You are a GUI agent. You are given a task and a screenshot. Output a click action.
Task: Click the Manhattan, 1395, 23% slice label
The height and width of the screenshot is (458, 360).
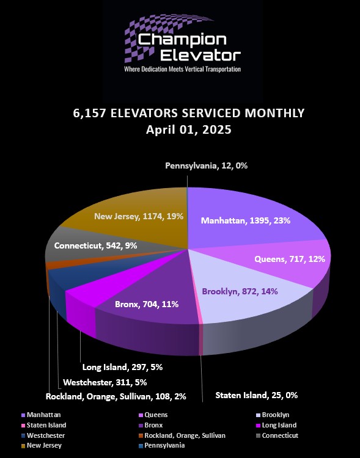245,220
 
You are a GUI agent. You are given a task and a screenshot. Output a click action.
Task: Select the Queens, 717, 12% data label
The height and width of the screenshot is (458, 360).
290,259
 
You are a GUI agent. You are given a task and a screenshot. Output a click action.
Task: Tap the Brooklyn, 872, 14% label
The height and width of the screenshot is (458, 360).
240,291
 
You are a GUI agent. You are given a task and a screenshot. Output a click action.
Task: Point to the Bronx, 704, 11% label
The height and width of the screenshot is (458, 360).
147,304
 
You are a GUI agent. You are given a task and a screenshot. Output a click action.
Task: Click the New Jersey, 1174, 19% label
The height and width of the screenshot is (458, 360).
139,216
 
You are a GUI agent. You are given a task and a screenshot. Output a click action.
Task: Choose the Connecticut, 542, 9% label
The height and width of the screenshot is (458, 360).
95,245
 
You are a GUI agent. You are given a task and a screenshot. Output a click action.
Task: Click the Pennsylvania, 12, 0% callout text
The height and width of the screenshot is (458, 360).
206,166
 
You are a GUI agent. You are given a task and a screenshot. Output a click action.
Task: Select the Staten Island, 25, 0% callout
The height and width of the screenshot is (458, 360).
257,395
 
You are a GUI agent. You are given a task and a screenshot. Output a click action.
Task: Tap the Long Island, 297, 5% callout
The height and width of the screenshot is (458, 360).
122,367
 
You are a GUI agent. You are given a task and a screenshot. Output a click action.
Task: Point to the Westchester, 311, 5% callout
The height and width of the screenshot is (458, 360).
105,382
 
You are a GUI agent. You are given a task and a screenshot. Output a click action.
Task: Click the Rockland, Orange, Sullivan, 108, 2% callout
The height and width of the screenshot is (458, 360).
116,396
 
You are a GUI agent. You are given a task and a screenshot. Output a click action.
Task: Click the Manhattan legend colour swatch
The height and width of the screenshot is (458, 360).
23,415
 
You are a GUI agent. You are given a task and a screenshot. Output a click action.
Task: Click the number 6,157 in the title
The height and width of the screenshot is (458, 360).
89,114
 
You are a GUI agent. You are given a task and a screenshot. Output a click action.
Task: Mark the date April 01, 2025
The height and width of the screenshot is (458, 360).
189,129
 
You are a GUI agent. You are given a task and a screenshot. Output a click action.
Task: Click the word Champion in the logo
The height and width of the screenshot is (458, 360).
182,40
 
